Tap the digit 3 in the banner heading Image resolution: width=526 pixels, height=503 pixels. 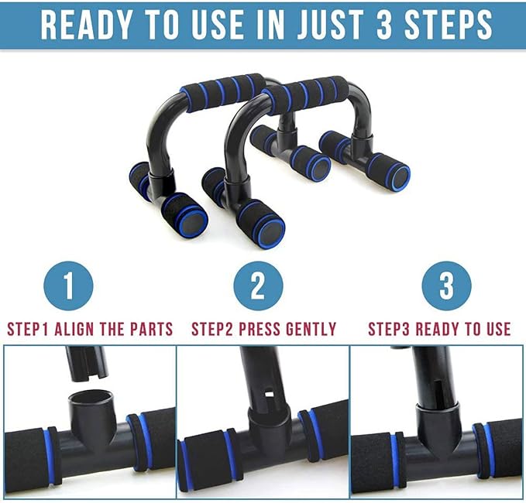coord(395,25)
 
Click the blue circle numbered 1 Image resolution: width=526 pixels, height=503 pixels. coord(68,286)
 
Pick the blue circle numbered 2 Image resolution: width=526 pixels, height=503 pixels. coord(257,286)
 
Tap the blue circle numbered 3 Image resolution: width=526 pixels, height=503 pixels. coord(447,286)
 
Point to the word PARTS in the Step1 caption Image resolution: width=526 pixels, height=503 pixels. coord(148,329)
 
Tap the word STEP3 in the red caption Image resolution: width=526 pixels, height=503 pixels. coord(389,329)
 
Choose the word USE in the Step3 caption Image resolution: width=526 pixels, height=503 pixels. coord(494,329)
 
